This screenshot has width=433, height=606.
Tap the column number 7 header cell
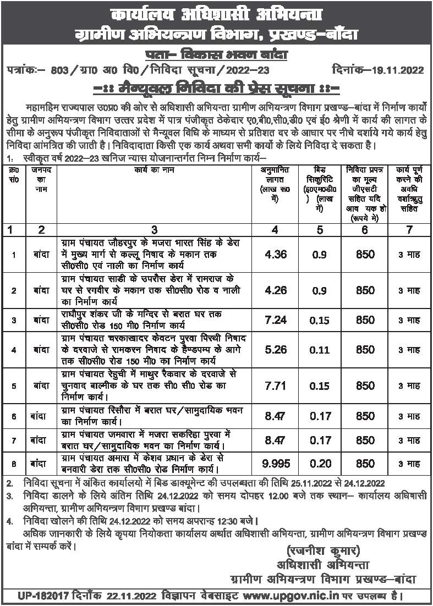click(409, 229)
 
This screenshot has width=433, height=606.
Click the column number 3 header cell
click(155, 229)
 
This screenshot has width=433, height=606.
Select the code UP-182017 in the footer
click(36, 596)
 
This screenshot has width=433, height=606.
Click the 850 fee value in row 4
click(365, 349)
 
